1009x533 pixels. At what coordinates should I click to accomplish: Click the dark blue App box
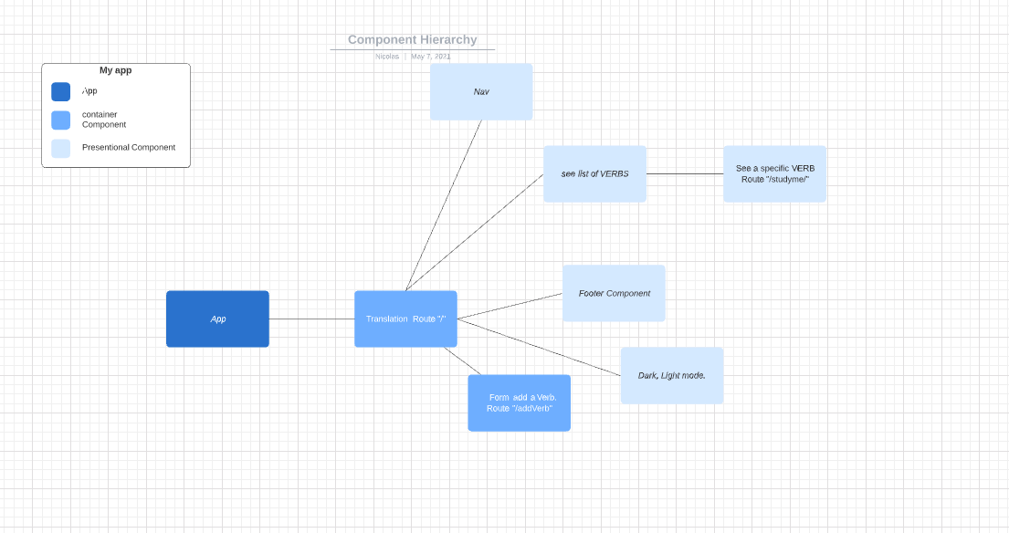217,319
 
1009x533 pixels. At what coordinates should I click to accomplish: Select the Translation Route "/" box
405,319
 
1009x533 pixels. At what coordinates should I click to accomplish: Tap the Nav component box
481,91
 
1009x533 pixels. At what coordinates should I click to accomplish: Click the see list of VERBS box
594,173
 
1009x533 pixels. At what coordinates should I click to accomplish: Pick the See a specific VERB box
774,173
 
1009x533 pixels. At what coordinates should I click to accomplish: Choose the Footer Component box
614,293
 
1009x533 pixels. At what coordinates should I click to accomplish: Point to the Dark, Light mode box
671,375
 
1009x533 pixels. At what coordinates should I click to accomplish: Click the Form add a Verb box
519,402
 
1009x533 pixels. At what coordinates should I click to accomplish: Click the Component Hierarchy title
412,39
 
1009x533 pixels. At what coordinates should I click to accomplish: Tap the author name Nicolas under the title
387,57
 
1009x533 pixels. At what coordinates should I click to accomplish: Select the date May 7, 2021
430,57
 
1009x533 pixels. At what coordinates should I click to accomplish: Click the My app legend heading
115,70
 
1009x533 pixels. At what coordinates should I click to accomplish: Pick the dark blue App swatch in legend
60,91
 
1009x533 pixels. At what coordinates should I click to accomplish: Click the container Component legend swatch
60,120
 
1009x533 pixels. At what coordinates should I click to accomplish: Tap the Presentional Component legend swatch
60,148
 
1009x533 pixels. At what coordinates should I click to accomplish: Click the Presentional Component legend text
128,147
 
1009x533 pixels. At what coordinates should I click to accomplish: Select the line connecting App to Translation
311,319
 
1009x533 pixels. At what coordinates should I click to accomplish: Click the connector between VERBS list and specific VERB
685,173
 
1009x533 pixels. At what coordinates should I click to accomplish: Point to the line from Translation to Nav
444,205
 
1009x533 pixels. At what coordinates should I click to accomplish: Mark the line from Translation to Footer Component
510,307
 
